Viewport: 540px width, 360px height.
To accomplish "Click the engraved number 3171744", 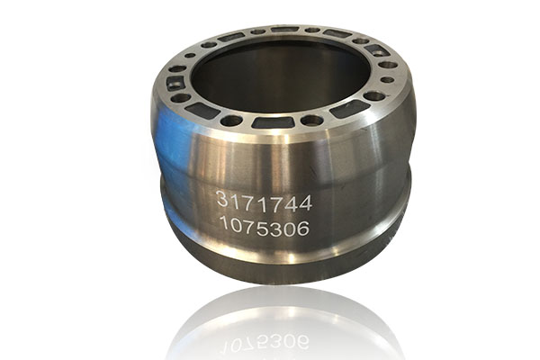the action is click(264, 202).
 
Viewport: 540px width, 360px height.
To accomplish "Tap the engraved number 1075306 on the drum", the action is click(264, 228).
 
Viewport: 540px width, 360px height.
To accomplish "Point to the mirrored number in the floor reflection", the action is click(265, 342).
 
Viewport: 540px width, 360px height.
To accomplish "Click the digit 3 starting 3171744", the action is click(221, 199).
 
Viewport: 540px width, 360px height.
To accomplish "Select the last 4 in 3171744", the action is click(305, 203).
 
